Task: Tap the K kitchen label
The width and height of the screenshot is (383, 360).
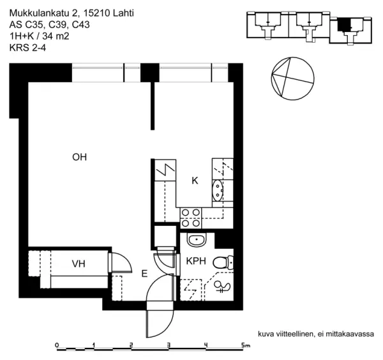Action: coord(195,181)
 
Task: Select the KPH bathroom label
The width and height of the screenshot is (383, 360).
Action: coord(195,261)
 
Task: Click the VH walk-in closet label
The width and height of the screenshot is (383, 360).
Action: coord(79,264)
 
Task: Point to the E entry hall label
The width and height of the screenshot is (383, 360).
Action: coord(144,274)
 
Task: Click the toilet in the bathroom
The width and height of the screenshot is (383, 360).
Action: coord(222,262)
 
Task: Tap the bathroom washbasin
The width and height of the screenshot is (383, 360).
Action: coord(197,240)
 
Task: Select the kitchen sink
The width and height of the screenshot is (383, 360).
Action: coord(218,190)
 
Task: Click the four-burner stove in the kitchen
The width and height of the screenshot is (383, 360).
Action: coord(190,218)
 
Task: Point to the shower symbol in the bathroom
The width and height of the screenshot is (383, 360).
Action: coord(223,287)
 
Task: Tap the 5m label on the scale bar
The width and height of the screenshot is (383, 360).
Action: coord(246,345)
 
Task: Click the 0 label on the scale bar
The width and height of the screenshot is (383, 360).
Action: coord(57,345)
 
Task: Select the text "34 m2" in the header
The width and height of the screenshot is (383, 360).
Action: coord(56,36)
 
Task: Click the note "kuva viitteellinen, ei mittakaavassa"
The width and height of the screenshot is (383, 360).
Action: coord(315,334)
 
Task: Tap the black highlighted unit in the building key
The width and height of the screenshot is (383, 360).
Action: coord(345,24)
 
